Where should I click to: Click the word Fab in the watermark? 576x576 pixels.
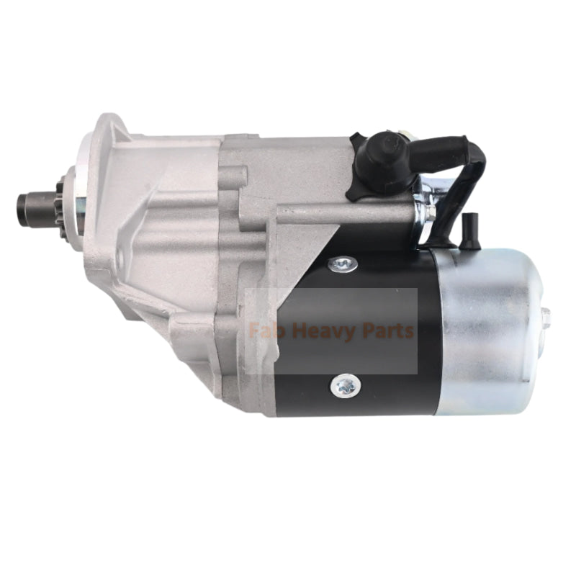pyautogui.click(x=263, y=331)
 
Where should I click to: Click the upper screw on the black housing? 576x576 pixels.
pyautogui.click(x=343, y=264)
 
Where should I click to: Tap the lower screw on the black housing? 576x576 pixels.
pyautogui.click(x=344, y=386)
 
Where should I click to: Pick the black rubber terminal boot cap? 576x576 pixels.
pyautogui.click(x=379, y=160)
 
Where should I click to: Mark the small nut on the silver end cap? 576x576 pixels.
pyautogui.click(x=545, y=317)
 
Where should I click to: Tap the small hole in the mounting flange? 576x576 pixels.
pyautogui.click(x=120, y=255)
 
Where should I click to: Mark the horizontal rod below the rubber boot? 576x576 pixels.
pyautogui.click(x=346, y=213)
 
